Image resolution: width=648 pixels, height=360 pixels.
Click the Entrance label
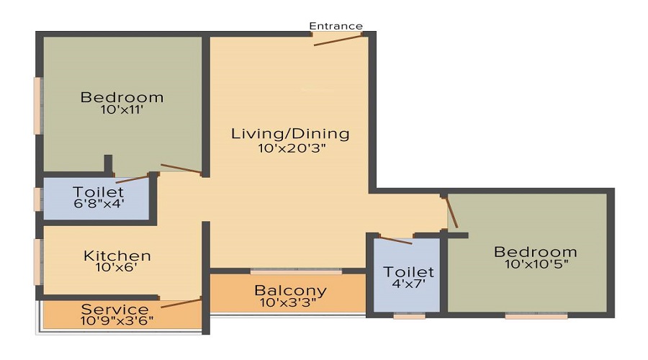tap(336, 26)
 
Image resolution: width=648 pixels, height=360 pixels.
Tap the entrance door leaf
tap(338, 40)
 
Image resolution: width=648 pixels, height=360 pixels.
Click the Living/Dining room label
tap(290, 134)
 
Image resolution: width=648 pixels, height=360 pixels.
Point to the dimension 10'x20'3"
tap(292, 148)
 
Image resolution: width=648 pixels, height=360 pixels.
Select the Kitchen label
tap(117, 256)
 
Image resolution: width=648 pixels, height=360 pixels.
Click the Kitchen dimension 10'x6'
tap(116, 267)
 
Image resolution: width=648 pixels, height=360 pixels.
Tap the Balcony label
tap(290, 291)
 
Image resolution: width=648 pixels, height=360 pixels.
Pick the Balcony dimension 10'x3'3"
tap(288, 302)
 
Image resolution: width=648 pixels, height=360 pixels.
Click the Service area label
tap(115, 309)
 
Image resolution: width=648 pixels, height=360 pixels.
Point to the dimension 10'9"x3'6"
tap(117, 320)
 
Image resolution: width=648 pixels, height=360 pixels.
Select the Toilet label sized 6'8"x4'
tap(99, 192)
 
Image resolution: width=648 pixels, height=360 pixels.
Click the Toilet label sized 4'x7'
tap(408, 272)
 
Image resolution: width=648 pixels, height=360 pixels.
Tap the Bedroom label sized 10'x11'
tap(122, 97)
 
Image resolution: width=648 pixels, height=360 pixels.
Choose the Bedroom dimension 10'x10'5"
tap(536, 264)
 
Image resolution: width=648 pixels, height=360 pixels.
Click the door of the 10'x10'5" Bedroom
tap(451, 212)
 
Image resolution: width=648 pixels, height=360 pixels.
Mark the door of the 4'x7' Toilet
tap(395, 240)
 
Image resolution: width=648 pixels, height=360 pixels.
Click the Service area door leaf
tap(181, 303)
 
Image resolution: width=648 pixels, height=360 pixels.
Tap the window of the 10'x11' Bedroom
tap(37, 105)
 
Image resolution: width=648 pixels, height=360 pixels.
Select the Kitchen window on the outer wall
tap(37, 261)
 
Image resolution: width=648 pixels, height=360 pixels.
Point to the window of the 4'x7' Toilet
tap(409, 316)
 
